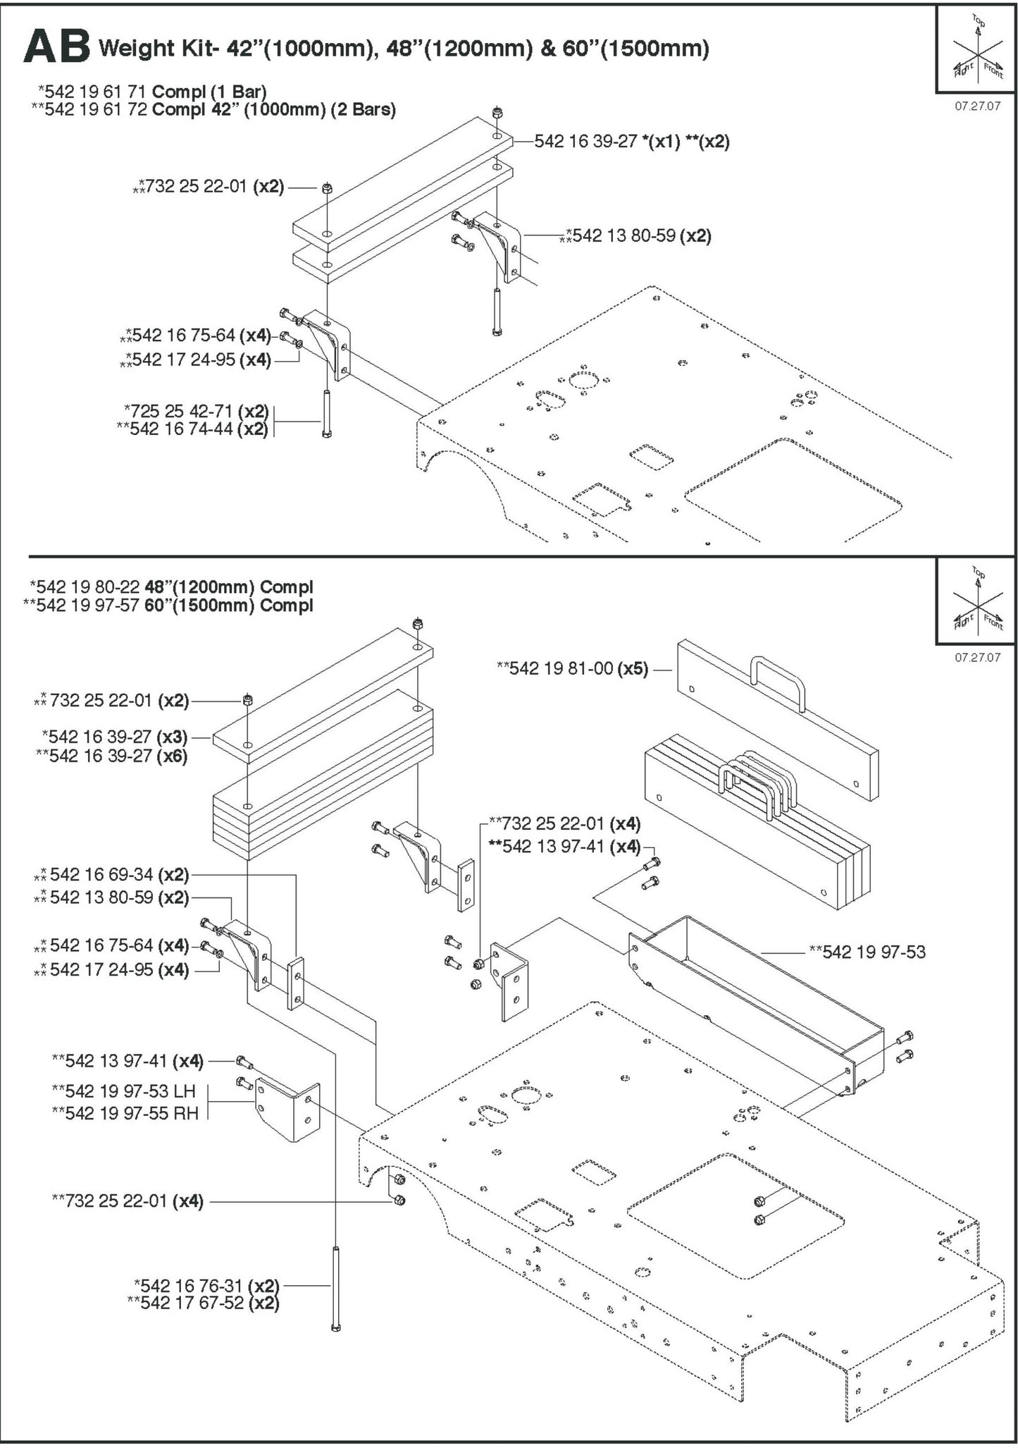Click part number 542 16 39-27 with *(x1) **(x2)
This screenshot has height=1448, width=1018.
[631, 142]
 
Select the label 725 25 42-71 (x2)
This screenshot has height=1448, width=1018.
[197, 411]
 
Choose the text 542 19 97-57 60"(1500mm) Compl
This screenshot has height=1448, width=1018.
[169, 606]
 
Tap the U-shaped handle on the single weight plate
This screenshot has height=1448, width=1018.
[777, 681]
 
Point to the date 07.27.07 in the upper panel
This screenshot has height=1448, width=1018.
[977, 107]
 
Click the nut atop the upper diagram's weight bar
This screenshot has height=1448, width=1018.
[497, 112]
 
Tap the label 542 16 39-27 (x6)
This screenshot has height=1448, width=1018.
[113, 756]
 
